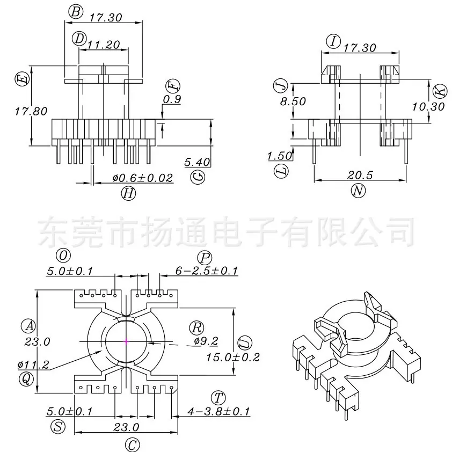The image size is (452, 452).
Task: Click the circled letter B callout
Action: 76,11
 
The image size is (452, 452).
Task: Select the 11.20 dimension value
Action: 104,45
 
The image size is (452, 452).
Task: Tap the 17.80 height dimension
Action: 31,111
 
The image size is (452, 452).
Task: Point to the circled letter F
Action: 173,85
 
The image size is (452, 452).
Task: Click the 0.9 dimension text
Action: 172,99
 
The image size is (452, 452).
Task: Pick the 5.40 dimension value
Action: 197,162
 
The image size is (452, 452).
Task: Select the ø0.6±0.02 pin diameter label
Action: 143,178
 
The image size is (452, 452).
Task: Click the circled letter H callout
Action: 128,193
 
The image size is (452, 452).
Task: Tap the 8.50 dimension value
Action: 293,101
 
